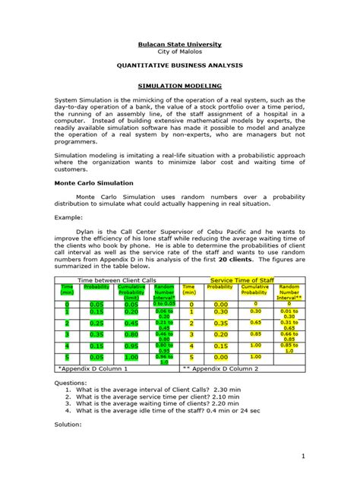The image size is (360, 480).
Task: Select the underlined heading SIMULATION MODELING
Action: click(179, 87)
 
